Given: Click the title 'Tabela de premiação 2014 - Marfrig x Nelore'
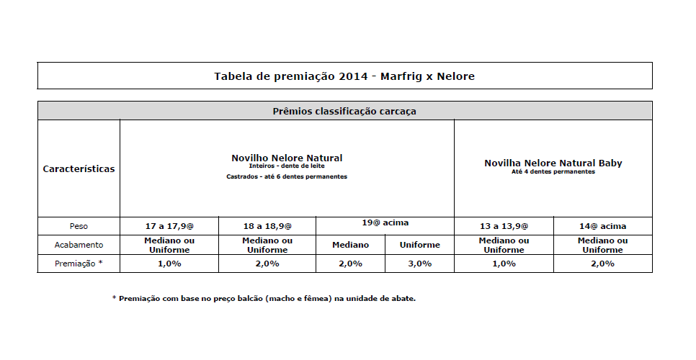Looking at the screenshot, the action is (344, 76).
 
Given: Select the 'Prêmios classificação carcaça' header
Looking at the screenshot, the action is (344, 112).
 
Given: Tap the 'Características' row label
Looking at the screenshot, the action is (79, 169).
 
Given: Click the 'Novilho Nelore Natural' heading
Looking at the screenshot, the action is (287, 158).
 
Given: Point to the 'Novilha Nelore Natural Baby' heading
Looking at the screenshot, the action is (553, 163).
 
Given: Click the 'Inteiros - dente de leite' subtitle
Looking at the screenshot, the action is (287, 166).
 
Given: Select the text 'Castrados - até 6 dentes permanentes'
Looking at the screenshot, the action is (287, 176).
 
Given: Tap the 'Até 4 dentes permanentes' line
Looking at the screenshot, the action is (553, 171).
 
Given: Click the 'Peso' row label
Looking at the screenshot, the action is (79, 226).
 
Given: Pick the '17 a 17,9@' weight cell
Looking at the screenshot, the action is (169, 226).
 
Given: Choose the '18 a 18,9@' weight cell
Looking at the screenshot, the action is (267, 226).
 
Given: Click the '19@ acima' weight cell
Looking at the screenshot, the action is (385, 222).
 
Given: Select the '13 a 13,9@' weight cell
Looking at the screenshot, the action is (504, 226).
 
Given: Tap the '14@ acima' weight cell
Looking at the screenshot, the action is (602, 226).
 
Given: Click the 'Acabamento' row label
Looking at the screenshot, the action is (79, 245).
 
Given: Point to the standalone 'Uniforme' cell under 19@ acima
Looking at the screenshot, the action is (419, 245).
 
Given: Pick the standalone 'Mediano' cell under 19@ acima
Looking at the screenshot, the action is (351, 245).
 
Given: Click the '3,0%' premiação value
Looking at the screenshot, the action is (419, 264).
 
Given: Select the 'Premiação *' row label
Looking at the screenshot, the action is (79, 264).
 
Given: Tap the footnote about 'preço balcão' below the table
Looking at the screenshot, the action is (264, 298).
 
